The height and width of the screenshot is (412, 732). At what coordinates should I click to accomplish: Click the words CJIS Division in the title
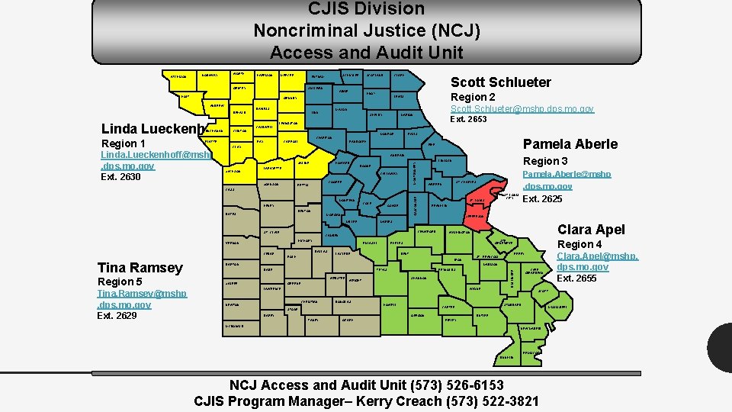366,10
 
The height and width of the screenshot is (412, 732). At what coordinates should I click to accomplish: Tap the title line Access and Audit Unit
366,53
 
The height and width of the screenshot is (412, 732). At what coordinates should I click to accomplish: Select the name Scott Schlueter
500,82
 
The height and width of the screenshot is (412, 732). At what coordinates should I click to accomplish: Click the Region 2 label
473,98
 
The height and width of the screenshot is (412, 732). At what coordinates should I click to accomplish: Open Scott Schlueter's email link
522,109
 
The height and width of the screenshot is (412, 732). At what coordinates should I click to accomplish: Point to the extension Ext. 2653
469,119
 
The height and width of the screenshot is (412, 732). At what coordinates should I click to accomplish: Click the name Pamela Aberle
570,144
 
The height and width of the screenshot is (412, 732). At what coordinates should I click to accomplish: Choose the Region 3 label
545,161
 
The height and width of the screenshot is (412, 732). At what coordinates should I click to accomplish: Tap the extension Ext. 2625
542,199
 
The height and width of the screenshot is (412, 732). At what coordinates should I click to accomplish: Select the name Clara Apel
591,229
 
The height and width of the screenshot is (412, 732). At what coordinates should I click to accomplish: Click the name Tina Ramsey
140,267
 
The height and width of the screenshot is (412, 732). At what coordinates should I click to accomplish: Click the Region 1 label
124,143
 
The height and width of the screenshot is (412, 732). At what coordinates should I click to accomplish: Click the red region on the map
486,197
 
